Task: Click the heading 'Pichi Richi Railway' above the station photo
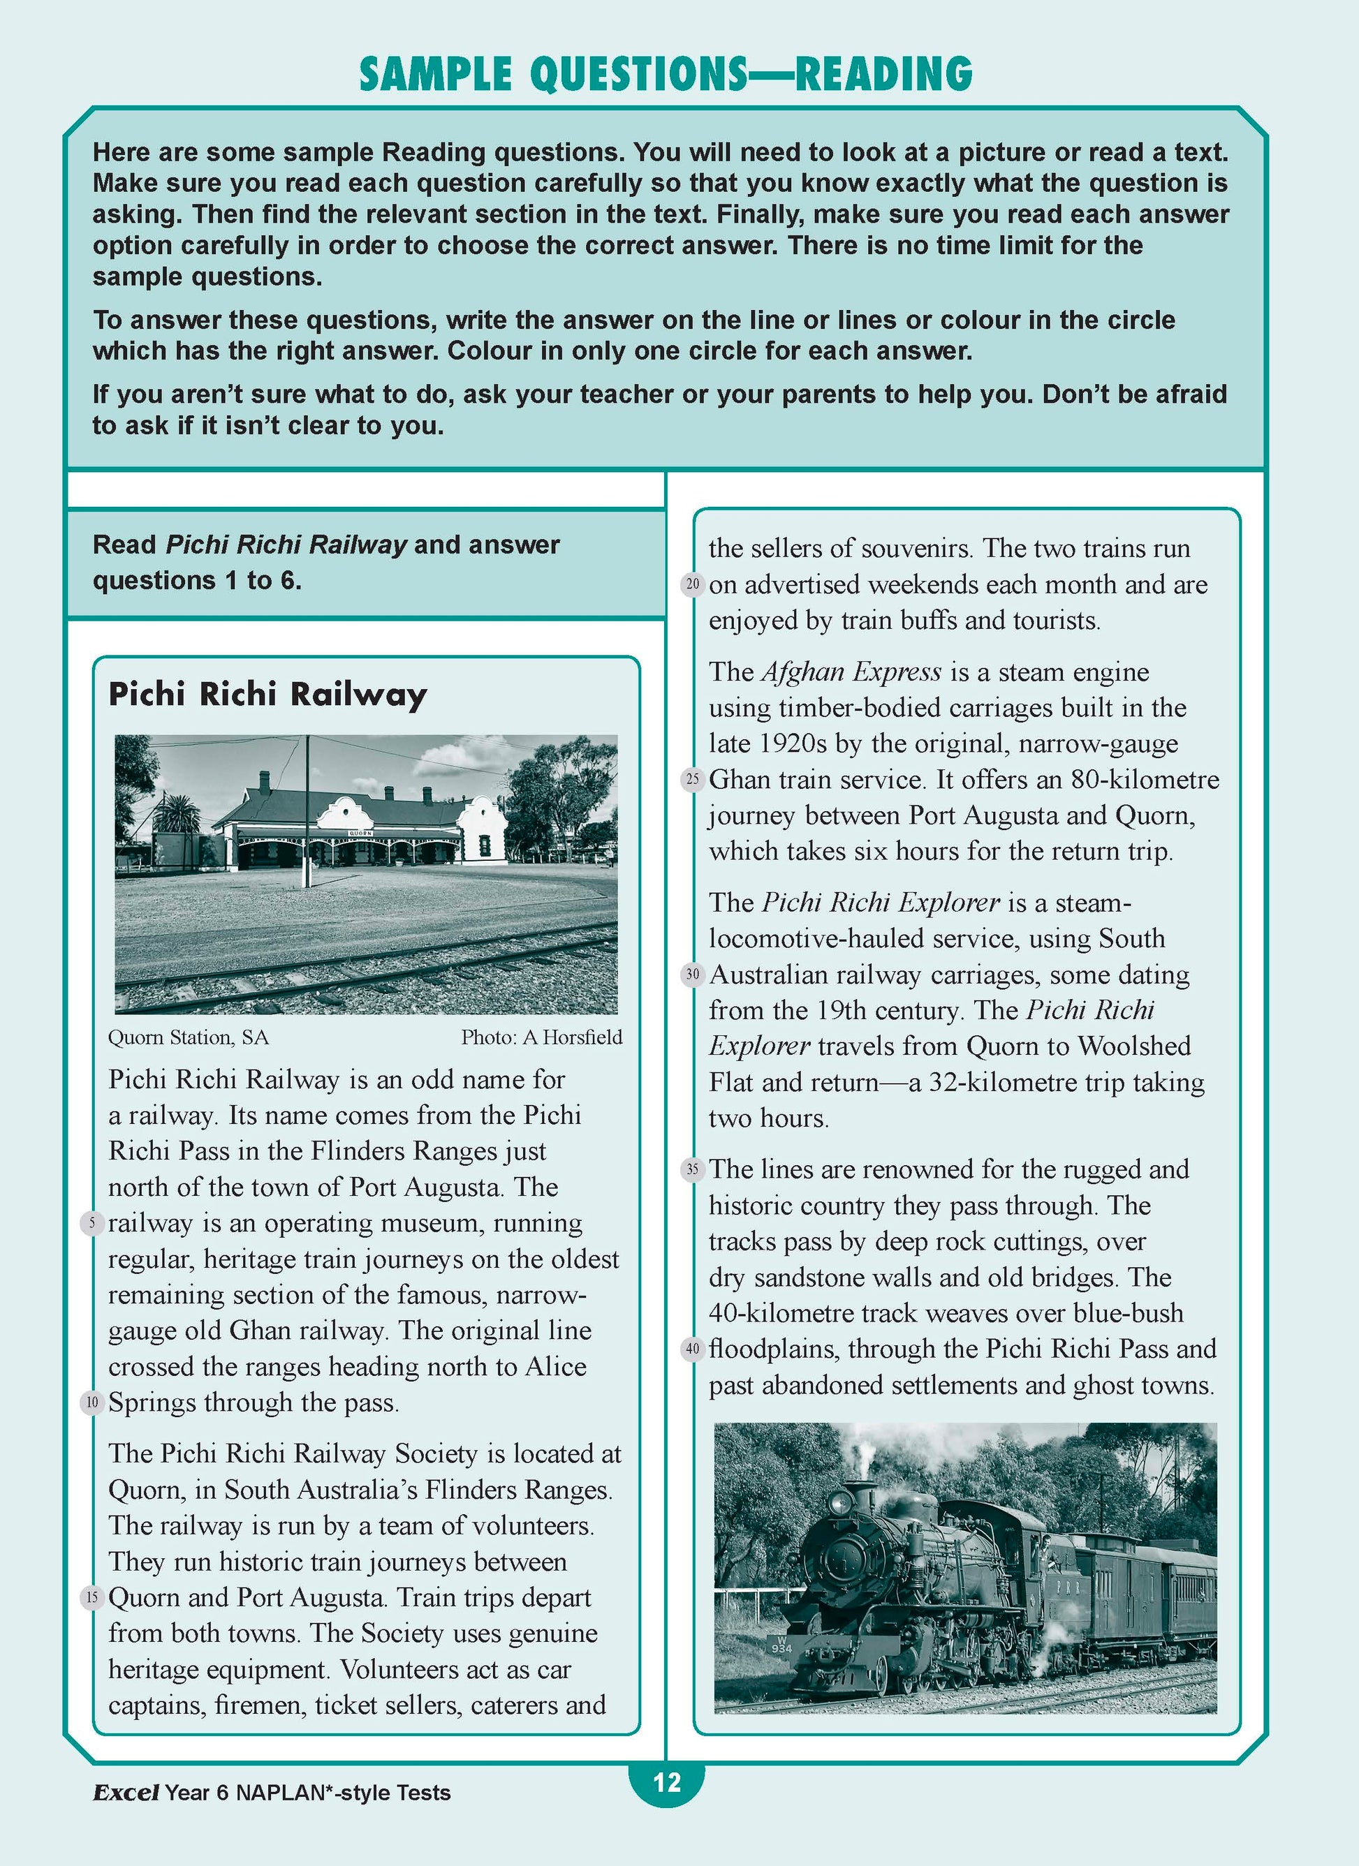(x=267, y=695)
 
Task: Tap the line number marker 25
(x=693, y=779)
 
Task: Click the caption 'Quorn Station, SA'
(x=189, y=1037)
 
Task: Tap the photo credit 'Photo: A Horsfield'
(x=542, y=1037)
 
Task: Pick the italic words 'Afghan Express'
(x=851, y=672)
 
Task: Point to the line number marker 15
(x=92, y=1598)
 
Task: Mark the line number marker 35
(x=693, y=1169)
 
